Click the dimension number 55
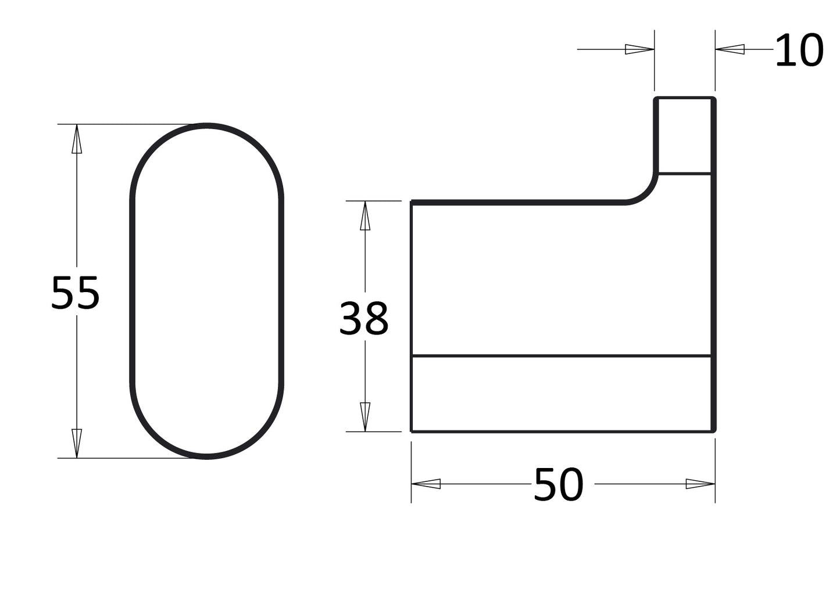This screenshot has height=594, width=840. [76, 293]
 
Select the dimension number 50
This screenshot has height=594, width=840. [558, 485]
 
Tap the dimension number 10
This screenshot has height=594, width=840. [799, 51]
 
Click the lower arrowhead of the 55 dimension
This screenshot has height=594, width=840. [77, 443]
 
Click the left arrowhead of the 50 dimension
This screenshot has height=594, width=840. [426, 484]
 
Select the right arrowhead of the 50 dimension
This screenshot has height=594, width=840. [700, 484]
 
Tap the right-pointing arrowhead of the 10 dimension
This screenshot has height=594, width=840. [639, 49]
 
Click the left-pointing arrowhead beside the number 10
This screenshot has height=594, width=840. [730, 49]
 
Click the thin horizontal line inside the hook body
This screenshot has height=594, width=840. [561, 355]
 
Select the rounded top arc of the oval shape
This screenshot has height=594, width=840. [207, 126]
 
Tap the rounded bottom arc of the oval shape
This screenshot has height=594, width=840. [207, 456]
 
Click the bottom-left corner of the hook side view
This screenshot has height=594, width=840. [412, 431]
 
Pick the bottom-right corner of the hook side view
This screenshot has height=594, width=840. [713, 431]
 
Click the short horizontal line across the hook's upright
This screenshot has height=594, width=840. [684, 173]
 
